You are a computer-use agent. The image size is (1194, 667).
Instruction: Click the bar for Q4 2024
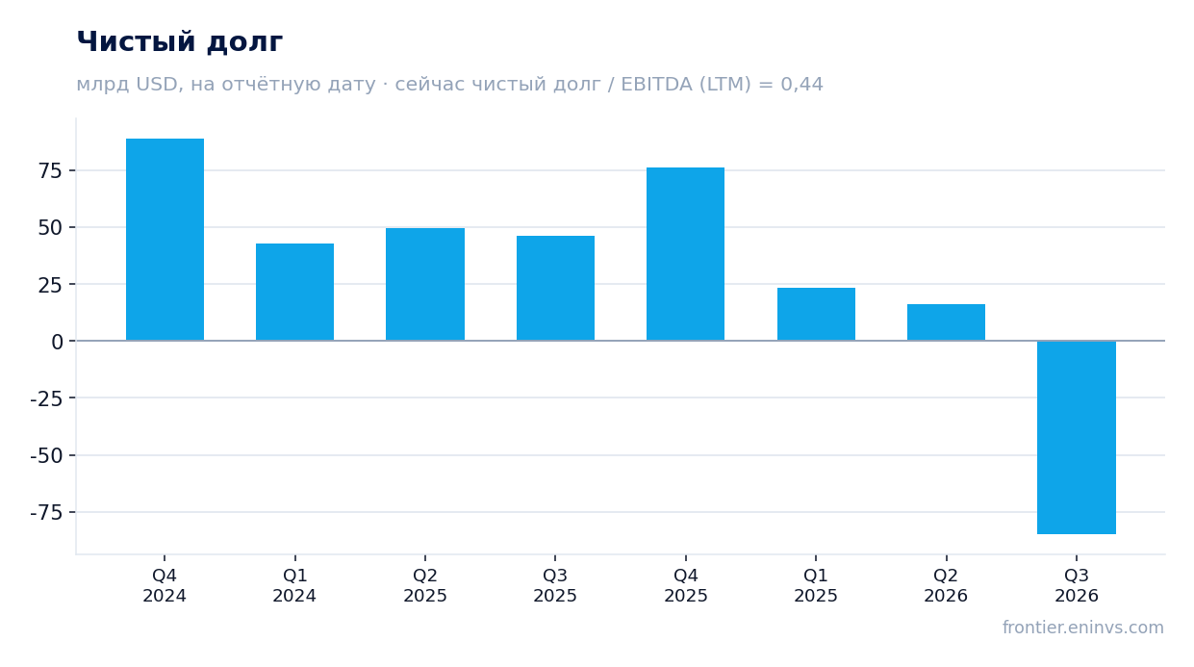[165, 240]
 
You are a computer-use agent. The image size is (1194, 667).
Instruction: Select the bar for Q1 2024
[294, 293]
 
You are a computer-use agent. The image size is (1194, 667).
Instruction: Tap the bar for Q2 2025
[425, 284]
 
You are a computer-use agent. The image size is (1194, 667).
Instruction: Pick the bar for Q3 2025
[555, 288]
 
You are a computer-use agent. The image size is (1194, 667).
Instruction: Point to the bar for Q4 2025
[685, 254]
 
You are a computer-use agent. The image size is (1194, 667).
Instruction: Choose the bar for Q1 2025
[816, 314]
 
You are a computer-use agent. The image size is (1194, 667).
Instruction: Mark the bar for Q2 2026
[946, 322]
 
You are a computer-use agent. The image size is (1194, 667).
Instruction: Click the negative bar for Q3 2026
[1077, 437]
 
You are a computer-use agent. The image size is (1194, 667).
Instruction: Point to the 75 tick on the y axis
[50, 170]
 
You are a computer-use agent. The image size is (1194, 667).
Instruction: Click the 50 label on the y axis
[50, 228]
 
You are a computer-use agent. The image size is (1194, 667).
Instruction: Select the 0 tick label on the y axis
[57, 342]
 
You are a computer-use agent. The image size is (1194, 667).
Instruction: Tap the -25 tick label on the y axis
[47, 398]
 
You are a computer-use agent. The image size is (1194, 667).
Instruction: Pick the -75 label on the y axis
[47, 512]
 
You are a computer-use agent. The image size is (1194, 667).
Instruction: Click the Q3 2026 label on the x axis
[1077, 585]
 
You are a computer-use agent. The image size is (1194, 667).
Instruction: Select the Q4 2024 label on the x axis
[165, 585]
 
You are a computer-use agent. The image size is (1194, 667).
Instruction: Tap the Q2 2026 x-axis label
[946, 585]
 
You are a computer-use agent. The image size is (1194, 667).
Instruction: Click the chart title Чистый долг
[180, 41]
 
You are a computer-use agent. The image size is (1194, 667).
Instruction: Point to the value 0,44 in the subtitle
[801, 85]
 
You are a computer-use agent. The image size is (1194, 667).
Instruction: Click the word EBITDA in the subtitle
[656, 85]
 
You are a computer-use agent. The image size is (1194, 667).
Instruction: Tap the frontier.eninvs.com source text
[1082, 627]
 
